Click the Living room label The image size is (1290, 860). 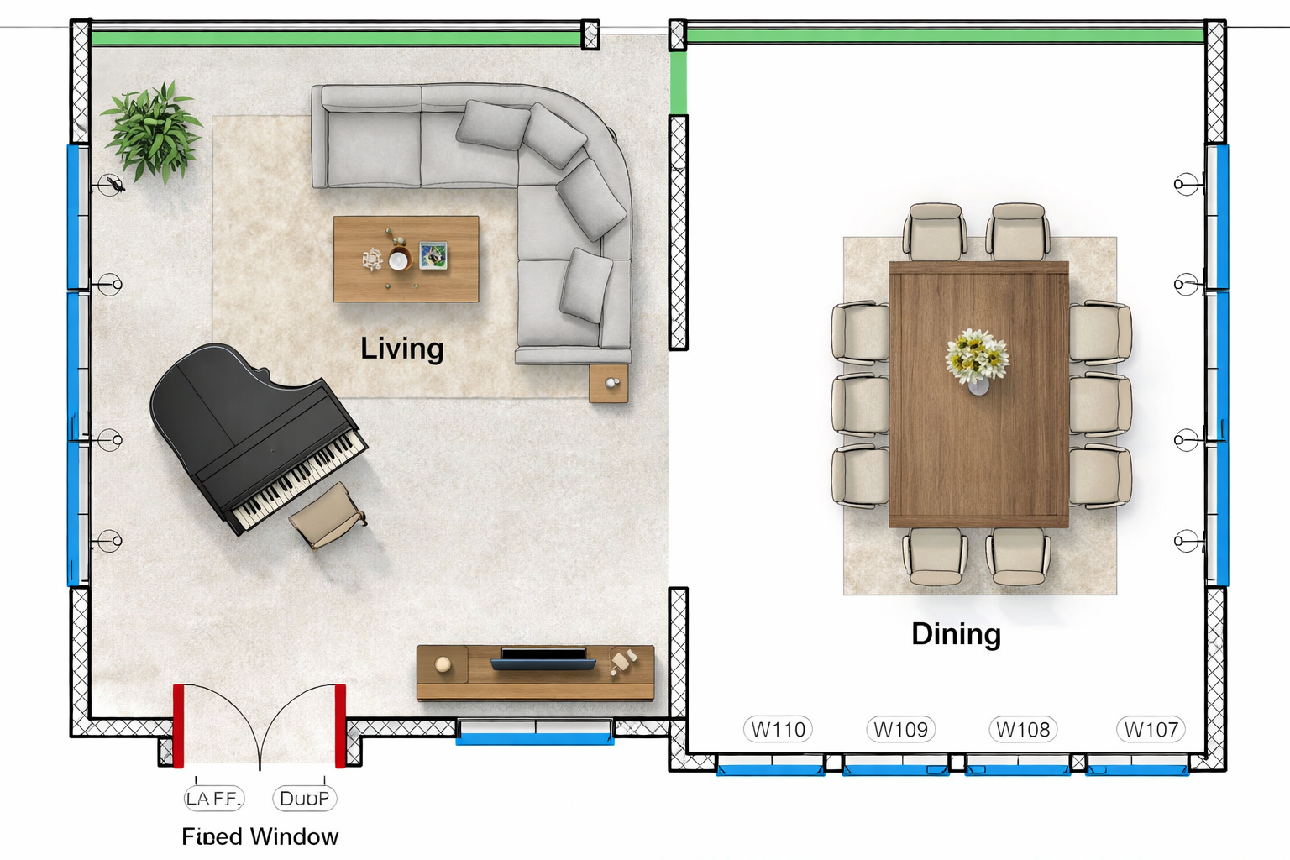402,349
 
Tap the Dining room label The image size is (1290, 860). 956,634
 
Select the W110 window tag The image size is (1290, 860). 778,729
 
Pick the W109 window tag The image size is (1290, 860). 900,729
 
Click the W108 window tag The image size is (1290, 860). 1023,729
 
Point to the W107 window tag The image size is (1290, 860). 1151,729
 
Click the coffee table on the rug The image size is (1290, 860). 406,259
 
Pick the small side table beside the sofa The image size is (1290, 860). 609,384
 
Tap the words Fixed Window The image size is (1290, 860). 260,836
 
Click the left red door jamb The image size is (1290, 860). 178,726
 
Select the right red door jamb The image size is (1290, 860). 340,726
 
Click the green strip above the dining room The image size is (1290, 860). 945,36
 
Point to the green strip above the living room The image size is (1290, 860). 336,38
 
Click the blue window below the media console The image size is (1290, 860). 535,739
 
